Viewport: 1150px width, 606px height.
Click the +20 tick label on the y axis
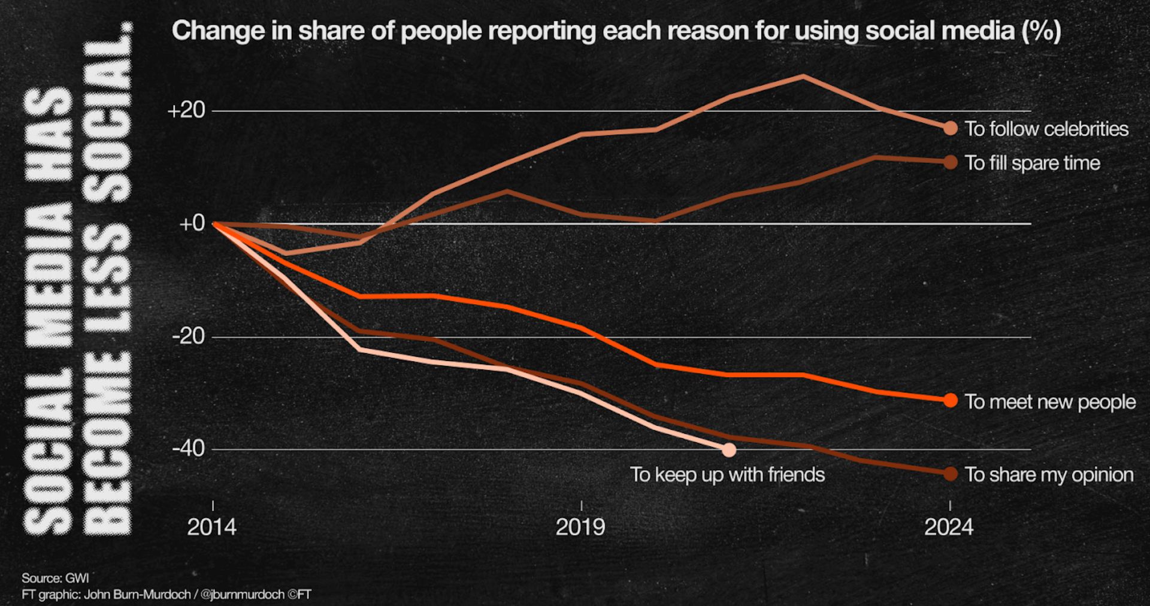point(186,111)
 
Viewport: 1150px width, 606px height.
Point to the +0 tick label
point(192,224)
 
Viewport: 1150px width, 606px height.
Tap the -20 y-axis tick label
point(188,337)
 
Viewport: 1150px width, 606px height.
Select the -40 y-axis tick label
point(188,449)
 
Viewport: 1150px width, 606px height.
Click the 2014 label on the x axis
point(211,528)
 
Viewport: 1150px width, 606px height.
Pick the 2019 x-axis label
point(580,528)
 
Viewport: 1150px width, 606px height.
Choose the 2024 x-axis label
point(949,528)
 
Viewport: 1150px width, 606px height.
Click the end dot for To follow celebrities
point(950,128)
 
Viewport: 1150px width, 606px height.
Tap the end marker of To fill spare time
point(950,162)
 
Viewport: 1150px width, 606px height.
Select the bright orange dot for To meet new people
point(950,401)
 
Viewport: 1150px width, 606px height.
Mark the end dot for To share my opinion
point(950,474)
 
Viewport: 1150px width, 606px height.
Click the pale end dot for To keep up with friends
point(728,449)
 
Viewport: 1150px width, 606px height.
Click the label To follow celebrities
point(1046,129)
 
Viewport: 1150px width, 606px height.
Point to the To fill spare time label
point(1033,163)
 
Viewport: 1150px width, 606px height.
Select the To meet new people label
point(1050,402)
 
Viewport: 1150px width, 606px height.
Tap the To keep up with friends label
point(727,475)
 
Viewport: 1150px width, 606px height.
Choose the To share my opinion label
point(1049,475)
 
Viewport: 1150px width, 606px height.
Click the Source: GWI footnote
point(55,578)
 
